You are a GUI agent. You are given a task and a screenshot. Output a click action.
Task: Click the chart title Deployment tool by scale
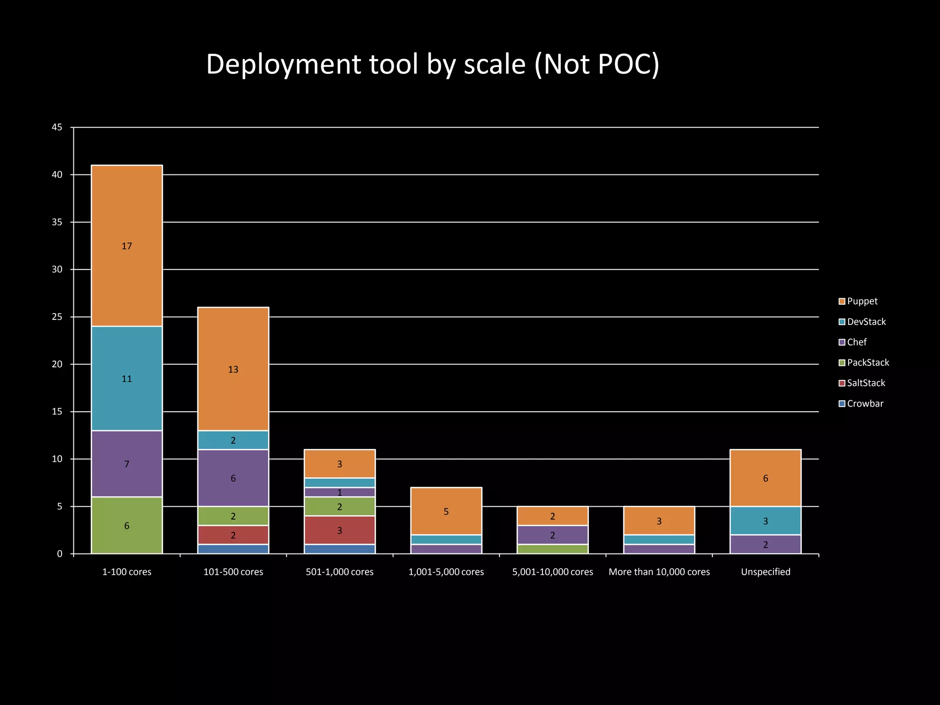point(432,64)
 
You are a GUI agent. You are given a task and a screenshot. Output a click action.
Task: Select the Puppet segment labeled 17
point(127,246)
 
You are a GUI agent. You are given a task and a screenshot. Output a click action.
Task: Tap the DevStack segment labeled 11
point(127,378)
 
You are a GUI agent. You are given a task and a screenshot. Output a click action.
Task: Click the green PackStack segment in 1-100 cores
point(127,525)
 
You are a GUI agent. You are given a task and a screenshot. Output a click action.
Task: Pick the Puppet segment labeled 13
point(233,369)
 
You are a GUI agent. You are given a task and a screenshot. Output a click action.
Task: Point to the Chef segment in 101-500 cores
point(233,478)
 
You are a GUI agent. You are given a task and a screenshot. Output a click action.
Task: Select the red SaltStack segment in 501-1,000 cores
point(340,530)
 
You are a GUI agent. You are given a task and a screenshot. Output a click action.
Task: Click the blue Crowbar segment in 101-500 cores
point(233,549)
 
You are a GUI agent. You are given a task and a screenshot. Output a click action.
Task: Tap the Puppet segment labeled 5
point(446,511)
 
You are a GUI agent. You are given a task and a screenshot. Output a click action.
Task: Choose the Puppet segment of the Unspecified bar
point(766,478)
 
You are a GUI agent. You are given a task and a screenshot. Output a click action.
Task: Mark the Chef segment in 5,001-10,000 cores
point(553,535)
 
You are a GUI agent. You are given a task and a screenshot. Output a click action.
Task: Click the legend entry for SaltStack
point(862,383)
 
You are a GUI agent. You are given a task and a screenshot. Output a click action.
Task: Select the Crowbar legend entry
point(861,403)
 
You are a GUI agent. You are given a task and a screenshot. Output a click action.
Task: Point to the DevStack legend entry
point(862,322)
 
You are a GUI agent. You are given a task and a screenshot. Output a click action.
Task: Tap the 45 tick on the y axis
point(57,127)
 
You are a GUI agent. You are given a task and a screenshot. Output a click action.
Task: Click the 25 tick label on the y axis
point(57,317)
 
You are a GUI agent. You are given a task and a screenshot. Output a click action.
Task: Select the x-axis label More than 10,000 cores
point(659,572)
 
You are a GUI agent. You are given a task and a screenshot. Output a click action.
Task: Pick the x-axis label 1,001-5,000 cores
point(446,572)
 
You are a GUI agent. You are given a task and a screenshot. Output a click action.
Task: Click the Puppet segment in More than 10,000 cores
point(659,520)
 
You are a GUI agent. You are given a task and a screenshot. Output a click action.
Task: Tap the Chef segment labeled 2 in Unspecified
point(766,544)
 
